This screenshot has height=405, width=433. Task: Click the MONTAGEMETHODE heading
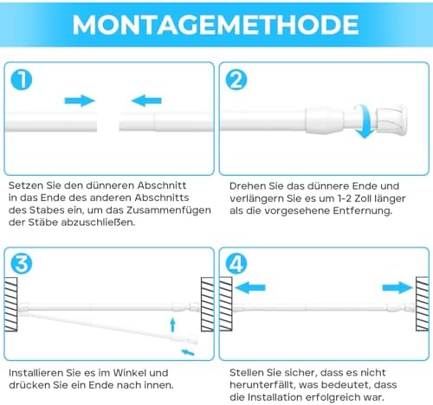coord(216,24)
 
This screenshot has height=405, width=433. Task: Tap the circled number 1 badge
coord(22,80)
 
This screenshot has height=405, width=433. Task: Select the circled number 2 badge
coord(236,80)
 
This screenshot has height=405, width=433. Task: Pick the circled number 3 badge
coord(22,264)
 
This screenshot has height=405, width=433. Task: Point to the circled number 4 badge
coord(236,264)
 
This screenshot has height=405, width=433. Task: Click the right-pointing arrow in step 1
coord(80,100)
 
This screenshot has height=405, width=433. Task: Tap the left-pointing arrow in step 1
coord(146,100)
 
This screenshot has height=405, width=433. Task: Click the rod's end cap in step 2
coord(391,119)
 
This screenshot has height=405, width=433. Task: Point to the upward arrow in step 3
coord(172,325)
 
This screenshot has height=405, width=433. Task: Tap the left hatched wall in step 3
coord(10,304)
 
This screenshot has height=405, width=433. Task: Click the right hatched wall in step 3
coord(207,304)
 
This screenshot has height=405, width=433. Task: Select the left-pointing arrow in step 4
coord(250,287)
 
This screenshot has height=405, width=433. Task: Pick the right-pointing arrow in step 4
coord(397,287)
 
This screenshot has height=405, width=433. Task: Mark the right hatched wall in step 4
coord(423,304)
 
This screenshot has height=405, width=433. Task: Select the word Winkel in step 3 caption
coord(131,373)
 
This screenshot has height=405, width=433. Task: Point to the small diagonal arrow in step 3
coord(188,352)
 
